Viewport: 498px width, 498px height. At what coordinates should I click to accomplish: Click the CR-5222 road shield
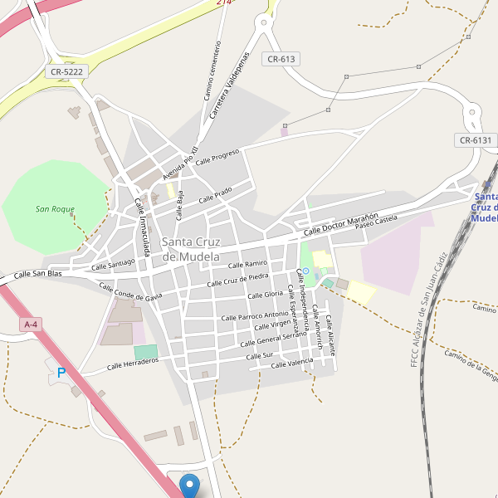pyautogui.click(x=67, y=72)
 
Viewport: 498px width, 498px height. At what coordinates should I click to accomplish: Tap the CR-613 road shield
pyautogui.click(x=281, y=59)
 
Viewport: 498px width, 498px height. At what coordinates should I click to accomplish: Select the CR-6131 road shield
pyautogui.click(x=476, y=140)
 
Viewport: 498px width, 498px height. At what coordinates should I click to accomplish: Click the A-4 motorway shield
pyautogui.click(x=31, y=325)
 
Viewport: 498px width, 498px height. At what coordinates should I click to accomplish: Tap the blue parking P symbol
pyautogui.click(x=61, y=373)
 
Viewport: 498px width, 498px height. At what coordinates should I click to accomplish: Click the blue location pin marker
pyautogui.click(x=190, y=485)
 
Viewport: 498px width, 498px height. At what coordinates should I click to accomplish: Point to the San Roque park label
pyautogui.click(x=55, y=209)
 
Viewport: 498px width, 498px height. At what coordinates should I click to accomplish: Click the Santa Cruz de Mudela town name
pyautogui.click(x=191, y=249)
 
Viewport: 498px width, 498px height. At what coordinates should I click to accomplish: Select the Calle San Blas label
pyautogui.click(x=38, y=273)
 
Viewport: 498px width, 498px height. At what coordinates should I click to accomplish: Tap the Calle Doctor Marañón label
pyautogui.click(x=341, y=222)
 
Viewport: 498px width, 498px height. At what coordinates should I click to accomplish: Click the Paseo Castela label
pyautogui.click(x=376, y=222)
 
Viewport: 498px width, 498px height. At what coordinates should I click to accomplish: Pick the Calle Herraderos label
pyautogui.click(x=133, y=364)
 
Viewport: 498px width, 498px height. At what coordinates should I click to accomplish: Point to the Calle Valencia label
pyautogui.click(x=292, y=364)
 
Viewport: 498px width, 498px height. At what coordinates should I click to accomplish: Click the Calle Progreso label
pyautogui.click(x=217, y=157)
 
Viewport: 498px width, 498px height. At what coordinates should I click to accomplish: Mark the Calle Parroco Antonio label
pyautogui.click(x=254, y=315)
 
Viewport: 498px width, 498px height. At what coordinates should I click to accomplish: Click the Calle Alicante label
pyautogui.click(x=330, y=335)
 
